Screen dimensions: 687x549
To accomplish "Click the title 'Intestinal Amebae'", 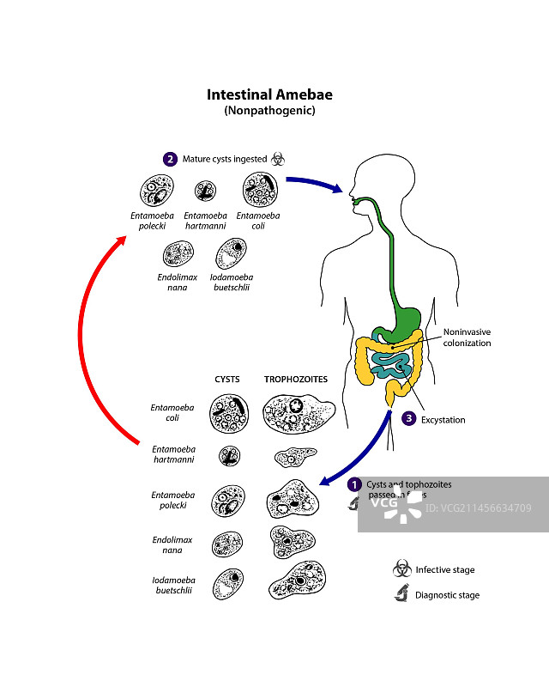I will (269, 94).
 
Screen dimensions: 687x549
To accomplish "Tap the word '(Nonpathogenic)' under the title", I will (269, 111).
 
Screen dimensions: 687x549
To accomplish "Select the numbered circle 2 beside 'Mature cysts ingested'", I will (170, 159).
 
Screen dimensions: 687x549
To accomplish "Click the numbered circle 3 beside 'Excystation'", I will (408, 419).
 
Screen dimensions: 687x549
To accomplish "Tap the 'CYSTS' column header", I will (227, 379).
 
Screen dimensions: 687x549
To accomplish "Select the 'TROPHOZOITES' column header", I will (295, 379).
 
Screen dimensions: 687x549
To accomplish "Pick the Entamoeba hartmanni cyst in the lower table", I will (228, 455).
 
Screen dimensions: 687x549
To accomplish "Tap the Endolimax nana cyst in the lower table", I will (227, 543).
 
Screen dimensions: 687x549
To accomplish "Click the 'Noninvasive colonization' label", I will (467, 337).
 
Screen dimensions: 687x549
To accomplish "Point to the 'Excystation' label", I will (443, 420).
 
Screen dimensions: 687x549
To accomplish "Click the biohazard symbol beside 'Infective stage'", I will (401, 568).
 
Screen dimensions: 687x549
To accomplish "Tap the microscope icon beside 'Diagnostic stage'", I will (401, 594).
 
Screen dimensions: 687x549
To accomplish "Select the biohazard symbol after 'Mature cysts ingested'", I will (277, 159).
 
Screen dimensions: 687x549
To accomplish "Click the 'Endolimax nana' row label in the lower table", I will (174, 544).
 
